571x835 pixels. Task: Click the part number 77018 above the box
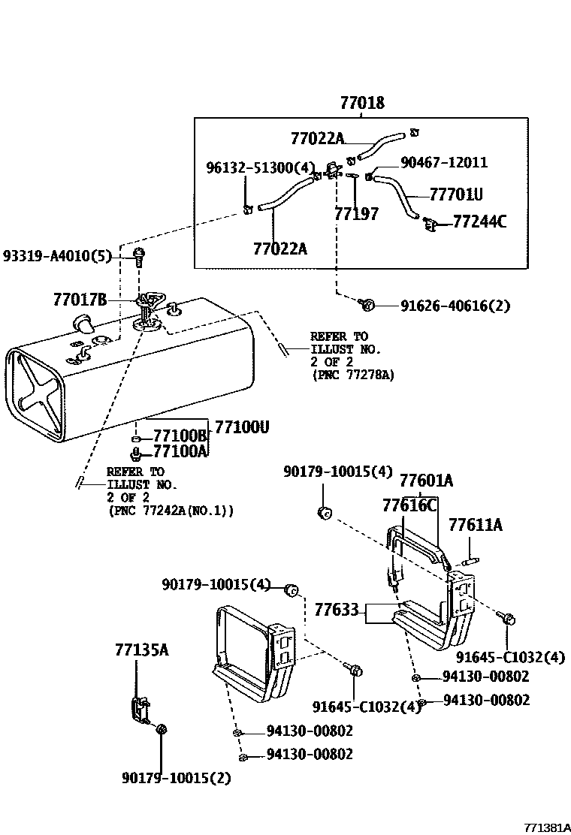click(361, 103)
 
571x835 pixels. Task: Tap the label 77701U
click(455, 195)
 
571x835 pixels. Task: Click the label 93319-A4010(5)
click(56, 256)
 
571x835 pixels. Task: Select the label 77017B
click(80, 300)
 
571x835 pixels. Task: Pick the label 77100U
click(241, 427)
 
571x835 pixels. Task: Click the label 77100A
click(180, 451)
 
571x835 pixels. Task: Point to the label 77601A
click(426, 481)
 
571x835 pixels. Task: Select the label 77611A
click(475, 525)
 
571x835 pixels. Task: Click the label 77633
click(336, 609)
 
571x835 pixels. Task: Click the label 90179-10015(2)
click(176, 777)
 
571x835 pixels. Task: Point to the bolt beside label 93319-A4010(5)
click(138, 256)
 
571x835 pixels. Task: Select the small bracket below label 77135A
click(138, 709)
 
